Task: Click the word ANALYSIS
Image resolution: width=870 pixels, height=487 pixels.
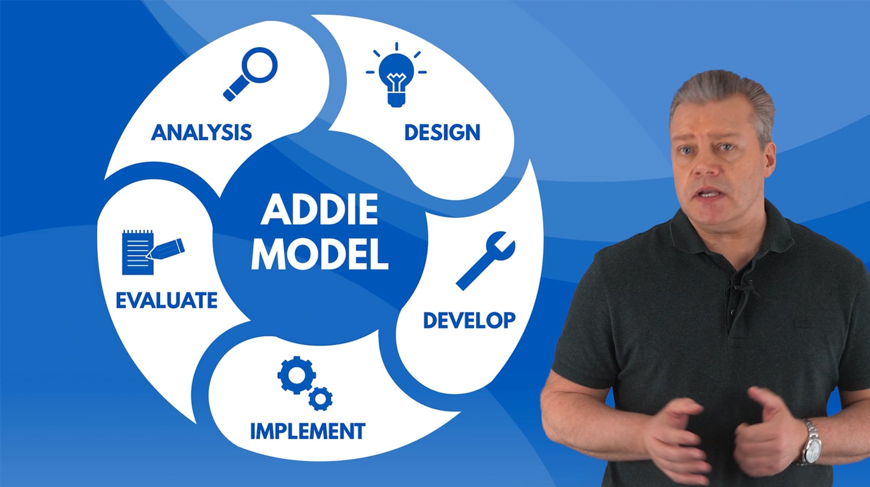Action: tap(201, 133)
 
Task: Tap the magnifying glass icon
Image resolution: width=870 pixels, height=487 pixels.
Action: tap(250, 73)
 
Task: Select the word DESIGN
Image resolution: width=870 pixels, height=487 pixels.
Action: tap(442, 133)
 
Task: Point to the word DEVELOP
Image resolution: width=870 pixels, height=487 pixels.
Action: tap(469, 320)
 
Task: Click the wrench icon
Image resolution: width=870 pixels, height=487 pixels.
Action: tap(485, 260)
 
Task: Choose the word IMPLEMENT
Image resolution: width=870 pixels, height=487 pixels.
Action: tap(307, 431)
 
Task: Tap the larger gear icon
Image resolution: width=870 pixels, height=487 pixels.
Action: tap(296, 375)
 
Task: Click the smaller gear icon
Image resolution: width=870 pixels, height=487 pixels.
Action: tap(321, 398)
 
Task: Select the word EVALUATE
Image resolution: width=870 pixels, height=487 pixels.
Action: tap(166, 300)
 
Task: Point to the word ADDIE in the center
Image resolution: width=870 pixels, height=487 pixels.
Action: tap(320, 210)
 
